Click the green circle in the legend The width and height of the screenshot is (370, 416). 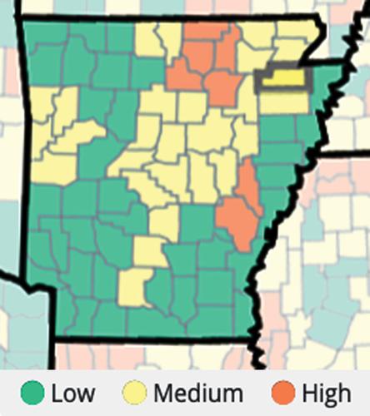coord(33,393)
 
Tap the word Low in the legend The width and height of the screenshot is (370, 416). coord(72,393)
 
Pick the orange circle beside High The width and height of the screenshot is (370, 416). coord(281,393)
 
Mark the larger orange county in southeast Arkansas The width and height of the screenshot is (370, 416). coord(237,220)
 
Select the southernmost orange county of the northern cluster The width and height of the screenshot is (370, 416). coord(222,87)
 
